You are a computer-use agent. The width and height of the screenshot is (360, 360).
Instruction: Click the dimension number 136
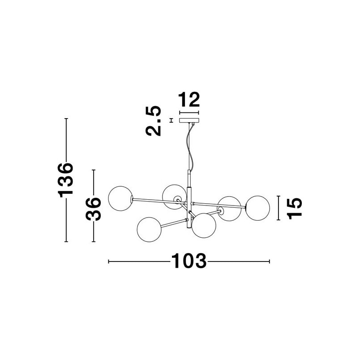point(66,180)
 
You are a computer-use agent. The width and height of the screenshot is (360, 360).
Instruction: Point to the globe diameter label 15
point(295,209)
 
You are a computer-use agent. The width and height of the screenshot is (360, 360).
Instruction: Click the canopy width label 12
point(189,100)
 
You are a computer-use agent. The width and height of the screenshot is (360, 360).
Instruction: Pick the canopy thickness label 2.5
point(154,121)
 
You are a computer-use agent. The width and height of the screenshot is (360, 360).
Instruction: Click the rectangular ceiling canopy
point(189,120)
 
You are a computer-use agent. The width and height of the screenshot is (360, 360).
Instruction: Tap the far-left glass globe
point(120,198)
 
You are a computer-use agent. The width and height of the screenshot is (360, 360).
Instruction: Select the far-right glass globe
point(257,208)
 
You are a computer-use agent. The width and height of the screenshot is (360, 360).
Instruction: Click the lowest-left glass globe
point(149,230)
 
